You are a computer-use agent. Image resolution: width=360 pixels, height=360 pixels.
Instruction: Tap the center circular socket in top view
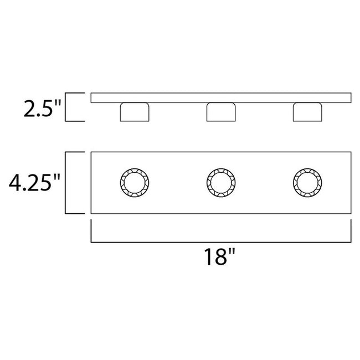(220, 182)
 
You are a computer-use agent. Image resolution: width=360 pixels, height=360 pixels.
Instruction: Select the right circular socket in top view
(306, 182)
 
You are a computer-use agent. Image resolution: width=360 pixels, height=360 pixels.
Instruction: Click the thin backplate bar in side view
(220, 97)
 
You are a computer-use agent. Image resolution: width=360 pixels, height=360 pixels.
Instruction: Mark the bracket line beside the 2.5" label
(66, 107)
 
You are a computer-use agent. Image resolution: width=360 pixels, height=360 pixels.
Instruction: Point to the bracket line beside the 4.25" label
(66, 182)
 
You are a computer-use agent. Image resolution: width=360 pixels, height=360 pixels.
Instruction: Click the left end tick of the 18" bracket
(91, 231)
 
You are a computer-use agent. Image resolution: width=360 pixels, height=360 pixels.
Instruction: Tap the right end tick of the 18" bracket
(350, 231)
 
